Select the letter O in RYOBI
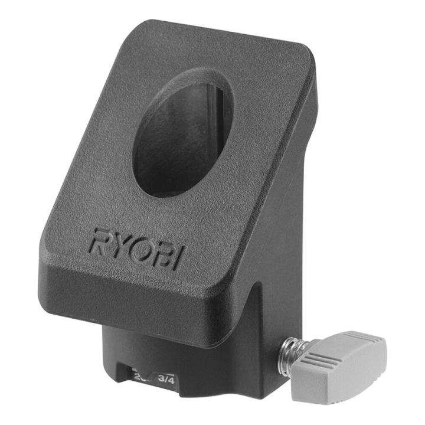pyautogui.click(x=139, y=250)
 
